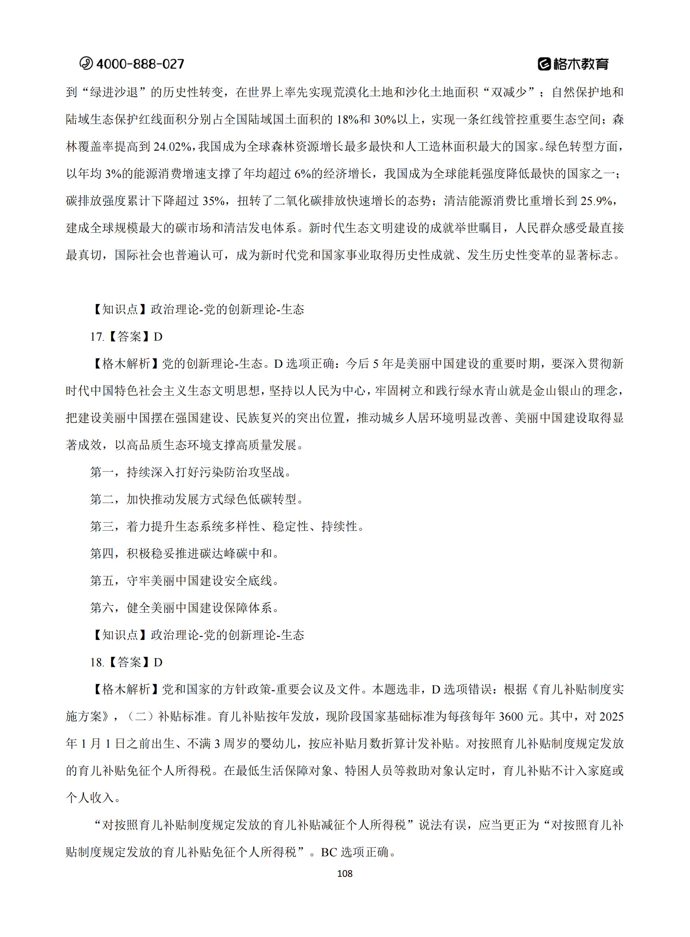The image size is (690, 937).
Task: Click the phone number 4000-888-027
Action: tap(140, 64)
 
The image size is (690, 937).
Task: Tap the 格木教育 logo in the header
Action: tap(573, 64)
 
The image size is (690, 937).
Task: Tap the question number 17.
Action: tap(96, 337)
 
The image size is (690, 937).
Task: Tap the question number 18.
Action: tap(96, 662)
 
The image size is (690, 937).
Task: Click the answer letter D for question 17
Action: tap(158, 337)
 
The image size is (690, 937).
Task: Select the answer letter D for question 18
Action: tap(158, 662)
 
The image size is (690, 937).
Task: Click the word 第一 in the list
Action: tap(102, 473)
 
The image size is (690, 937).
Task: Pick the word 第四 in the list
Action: tap(102, 554)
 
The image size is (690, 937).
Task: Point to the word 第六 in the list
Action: tap(102, 608)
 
